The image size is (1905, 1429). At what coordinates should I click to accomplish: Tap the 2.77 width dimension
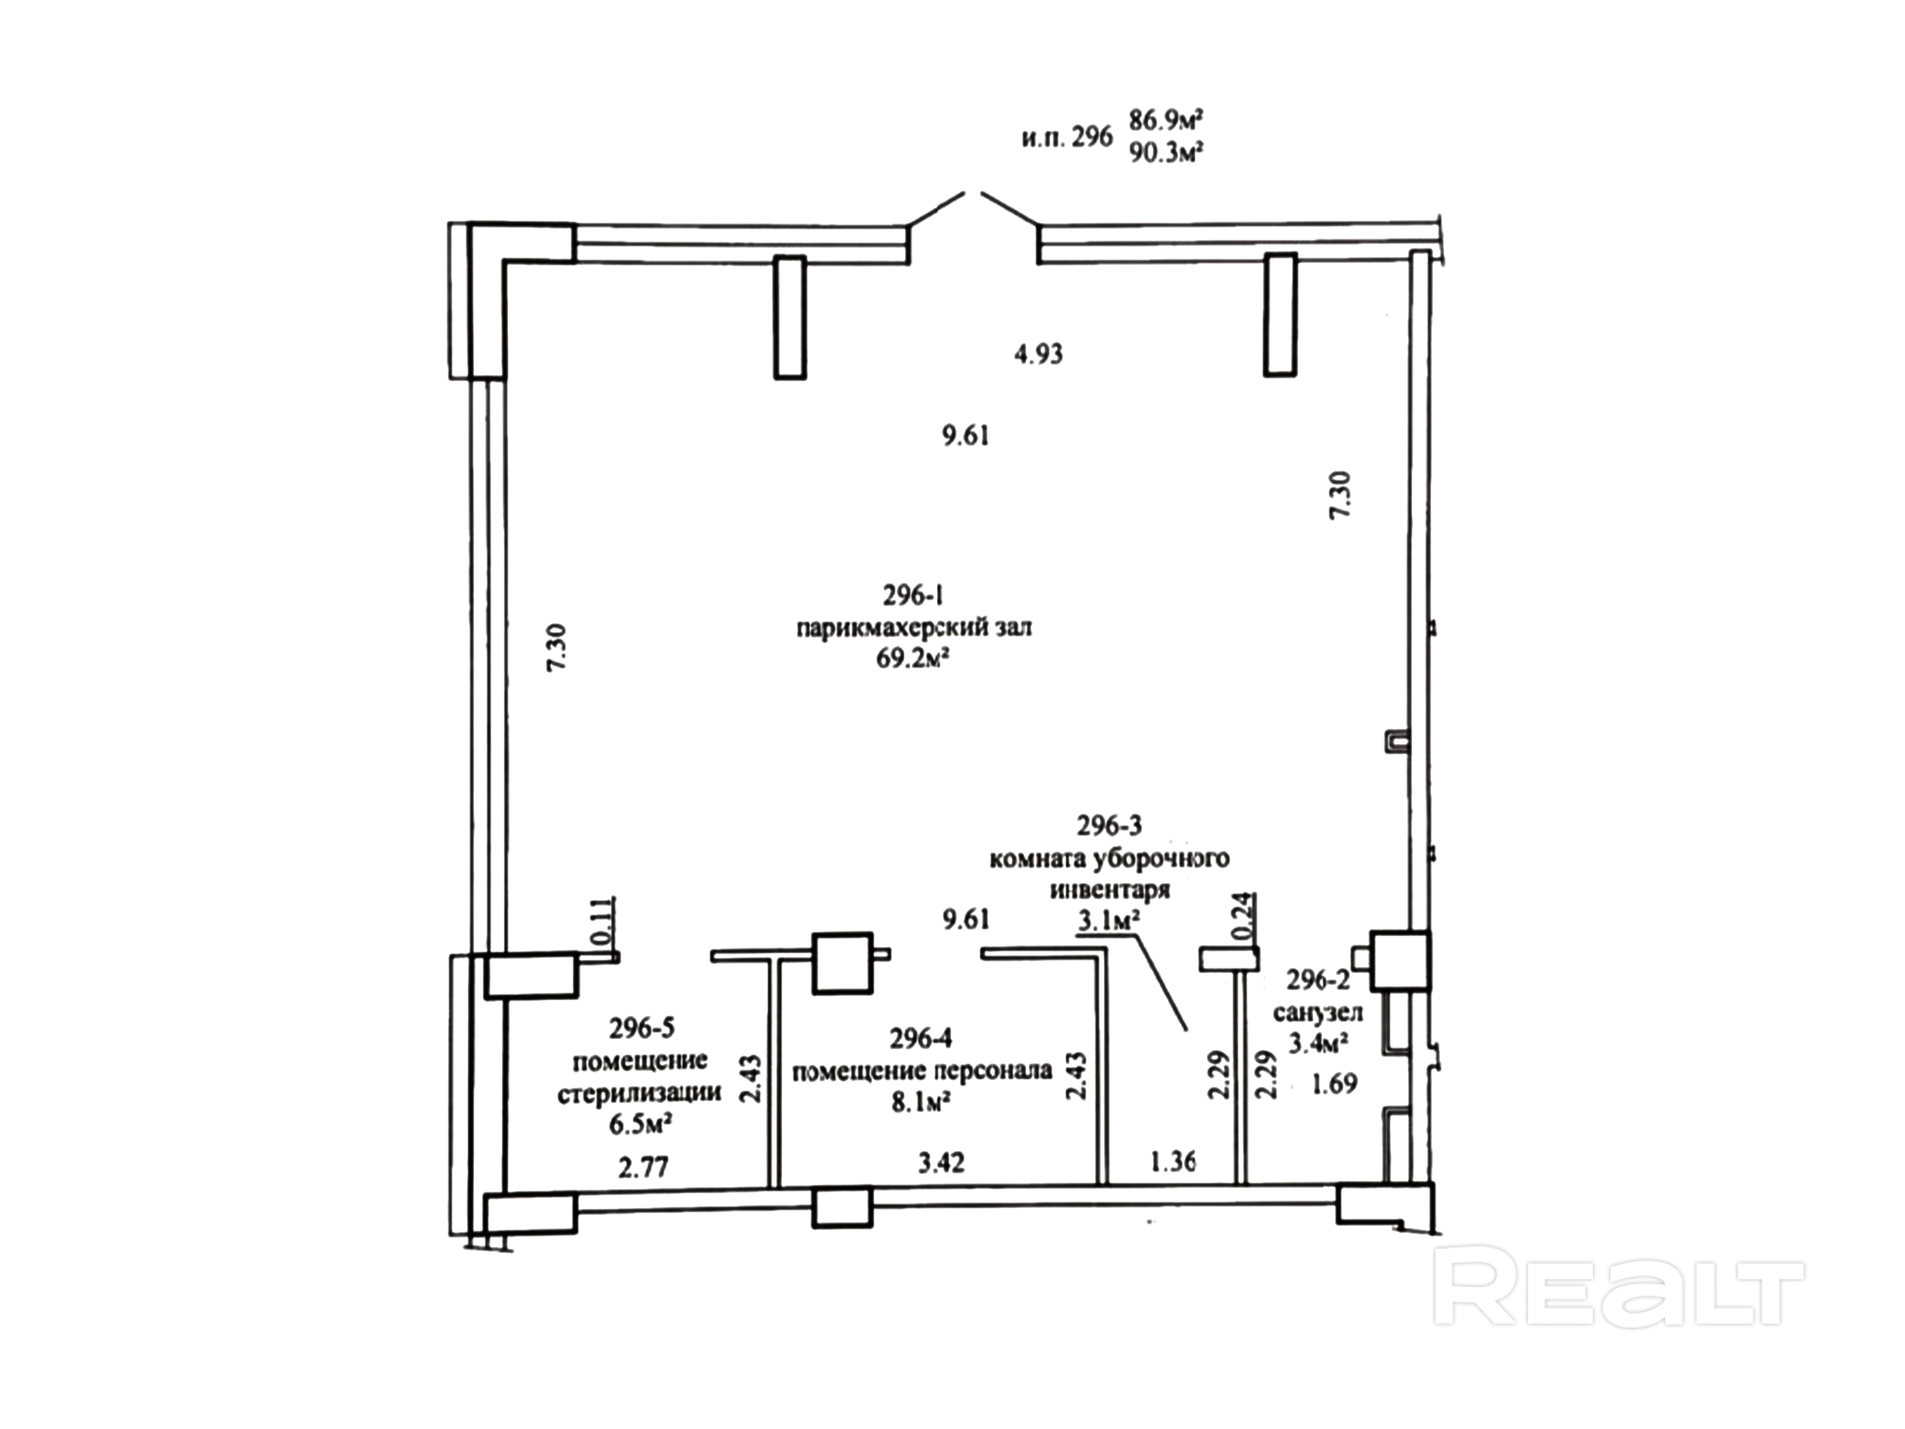[x=643, y=1167]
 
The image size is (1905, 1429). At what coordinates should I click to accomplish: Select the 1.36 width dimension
[x=1173, y=1161]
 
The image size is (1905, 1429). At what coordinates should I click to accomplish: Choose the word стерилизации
[x=639, y=1092]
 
